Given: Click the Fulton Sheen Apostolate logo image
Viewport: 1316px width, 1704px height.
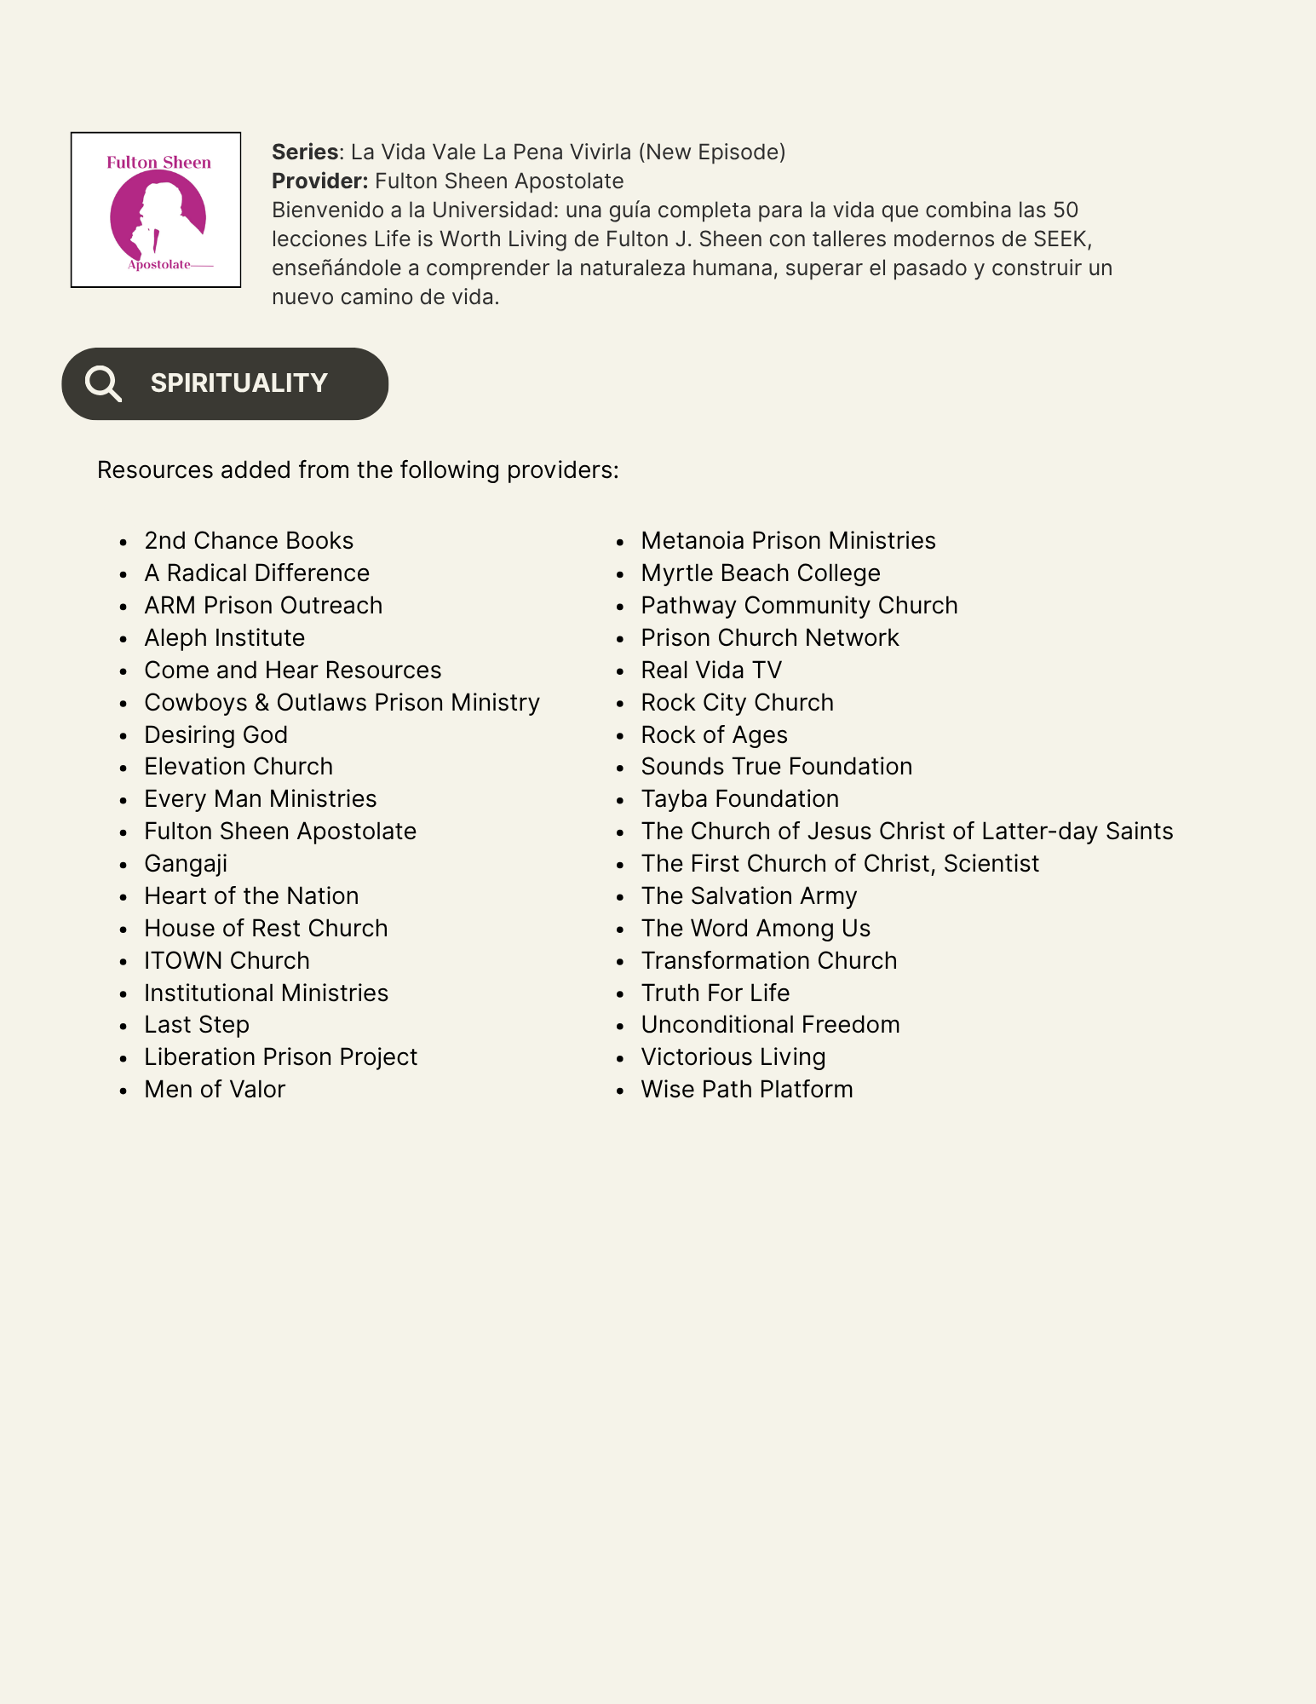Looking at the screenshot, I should pyautogui.click(x=156, y=210).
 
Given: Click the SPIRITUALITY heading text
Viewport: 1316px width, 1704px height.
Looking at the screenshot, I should pyautogui.click(x=238, y=383).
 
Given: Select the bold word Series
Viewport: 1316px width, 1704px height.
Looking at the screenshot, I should pyautogui.click(x=305, y=152).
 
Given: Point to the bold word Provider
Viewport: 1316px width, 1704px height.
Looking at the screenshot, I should pyautogui.click(x=319, y=181).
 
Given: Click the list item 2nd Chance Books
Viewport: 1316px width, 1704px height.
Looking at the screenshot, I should pyautogui.click(x=249, y=541).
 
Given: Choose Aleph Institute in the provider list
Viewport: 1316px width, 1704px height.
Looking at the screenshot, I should pyautogui.click(x=224, y=638).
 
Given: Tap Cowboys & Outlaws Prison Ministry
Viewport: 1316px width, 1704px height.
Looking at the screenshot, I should pyautogui.click(x=342, y=703).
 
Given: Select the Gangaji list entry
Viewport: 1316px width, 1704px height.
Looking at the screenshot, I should pyautogui.click(x=186, y=864).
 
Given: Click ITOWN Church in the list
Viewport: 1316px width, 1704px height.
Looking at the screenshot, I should pyautogui.click(x=227, y=961).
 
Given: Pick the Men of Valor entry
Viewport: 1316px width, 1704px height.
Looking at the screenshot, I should pyautogui.click(x=215, y=1090).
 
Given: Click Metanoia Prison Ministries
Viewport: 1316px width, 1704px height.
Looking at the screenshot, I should pyautogui.click(x=788, y=541).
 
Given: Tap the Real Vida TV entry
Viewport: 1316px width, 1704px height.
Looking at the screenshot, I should pyautogui.click(x=711, y=671).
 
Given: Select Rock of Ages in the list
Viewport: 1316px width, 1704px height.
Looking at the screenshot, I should pyautogui.click(x=714, y=735).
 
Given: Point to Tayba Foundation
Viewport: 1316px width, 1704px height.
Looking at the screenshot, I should pyautogui.click(x=739, y=799).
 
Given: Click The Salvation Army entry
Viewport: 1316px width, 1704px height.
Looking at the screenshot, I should pyautogui.click(x=749, y=896).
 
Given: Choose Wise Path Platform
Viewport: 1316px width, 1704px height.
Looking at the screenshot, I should pyautogui.click(x=747, y=1090).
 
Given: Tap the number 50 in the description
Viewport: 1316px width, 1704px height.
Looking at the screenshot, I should pyautogui.click(x=1066, y=210).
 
